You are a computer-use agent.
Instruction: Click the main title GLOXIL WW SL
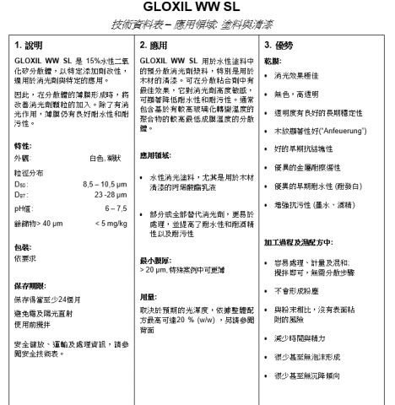197,7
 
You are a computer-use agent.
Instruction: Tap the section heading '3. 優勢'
281,43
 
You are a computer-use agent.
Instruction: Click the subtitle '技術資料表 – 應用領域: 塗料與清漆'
197,24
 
